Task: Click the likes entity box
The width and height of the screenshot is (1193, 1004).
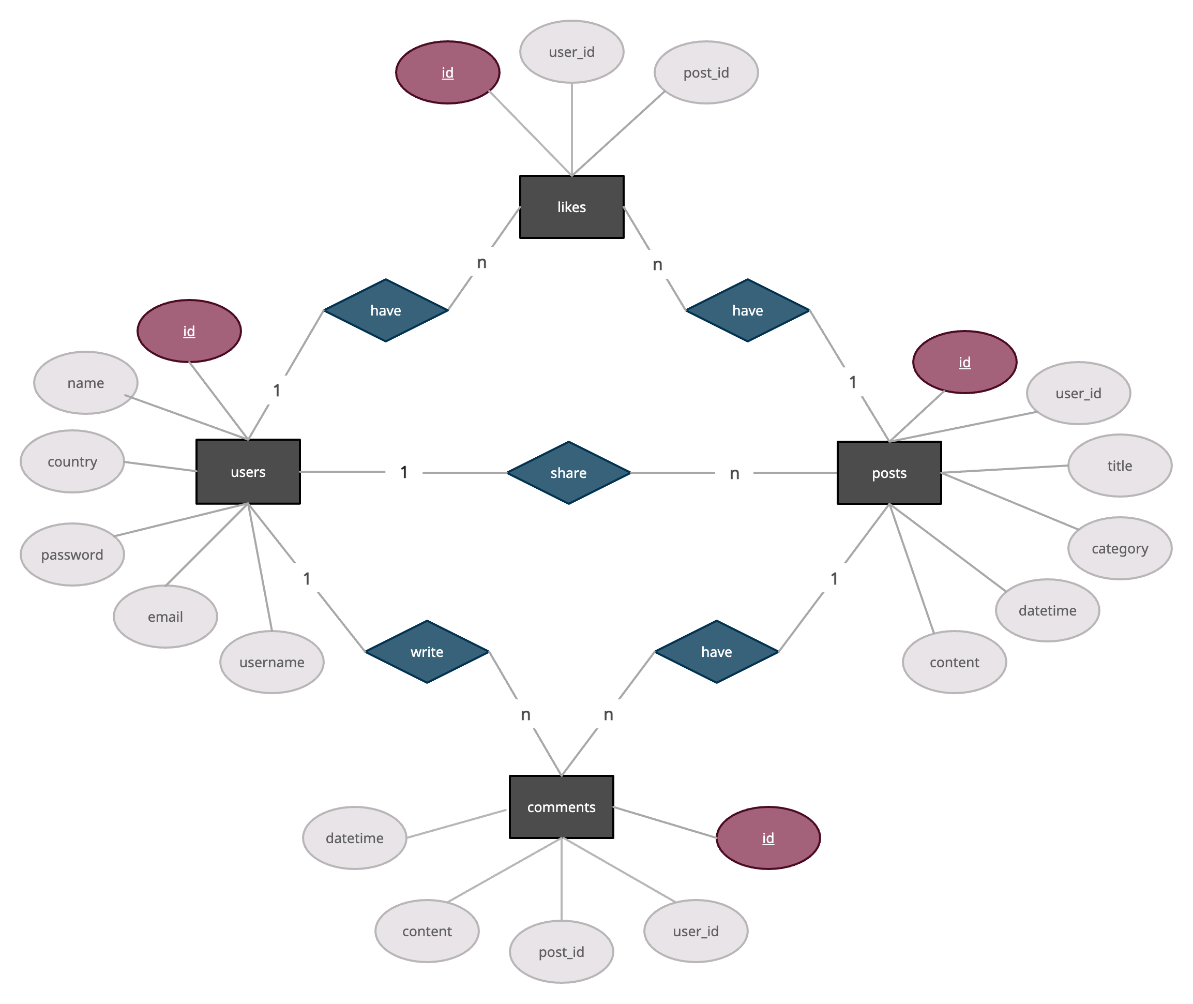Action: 571,206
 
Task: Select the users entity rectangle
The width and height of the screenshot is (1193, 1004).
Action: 248,472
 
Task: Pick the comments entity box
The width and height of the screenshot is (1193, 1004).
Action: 561,806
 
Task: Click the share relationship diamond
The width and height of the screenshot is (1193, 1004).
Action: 568,473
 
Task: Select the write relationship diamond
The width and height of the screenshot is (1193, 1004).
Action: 427,652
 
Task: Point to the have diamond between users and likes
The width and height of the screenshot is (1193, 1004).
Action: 386,310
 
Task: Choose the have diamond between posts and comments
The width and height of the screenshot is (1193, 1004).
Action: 716,652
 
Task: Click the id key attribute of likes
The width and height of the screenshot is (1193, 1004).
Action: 448,72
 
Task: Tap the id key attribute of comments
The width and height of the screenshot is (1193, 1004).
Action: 768,838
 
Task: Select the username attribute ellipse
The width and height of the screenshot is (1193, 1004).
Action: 272,662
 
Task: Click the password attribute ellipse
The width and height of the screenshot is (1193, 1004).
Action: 72,555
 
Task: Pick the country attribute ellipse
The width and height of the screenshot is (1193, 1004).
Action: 72,461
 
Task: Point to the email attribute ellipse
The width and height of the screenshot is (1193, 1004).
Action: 165,617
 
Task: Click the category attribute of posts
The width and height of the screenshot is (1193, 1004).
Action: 1120,548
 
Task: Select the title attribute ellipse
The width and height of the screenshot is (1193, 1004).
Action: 1120,466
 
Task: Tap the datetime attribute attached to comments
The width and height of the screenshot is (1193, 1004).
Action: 354,838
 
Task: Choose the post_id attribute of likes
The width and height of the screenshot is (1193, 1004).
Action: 706,72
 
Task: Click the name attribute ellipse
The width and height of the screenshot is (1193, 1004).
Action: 85,382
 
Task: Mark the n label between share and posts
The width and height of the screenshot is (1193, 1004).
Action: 734,473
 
